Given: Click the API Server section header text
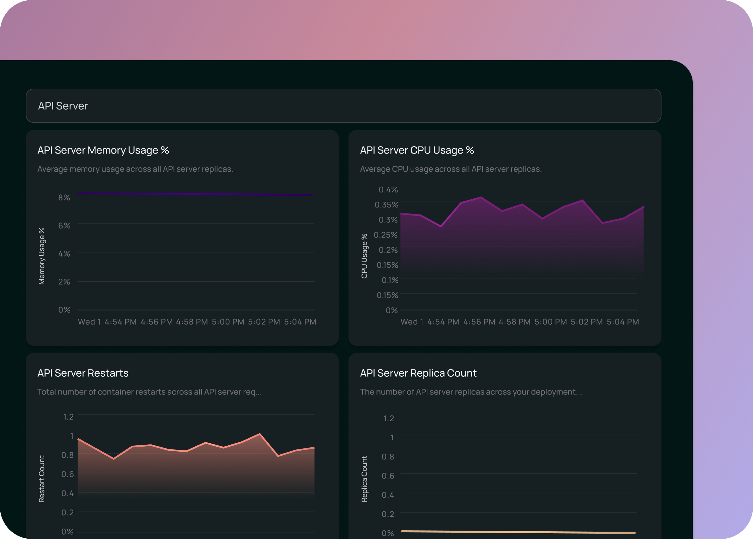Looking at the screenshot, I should pos(63,106).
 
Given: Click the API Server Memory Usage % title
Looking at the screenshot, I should pos(103,150).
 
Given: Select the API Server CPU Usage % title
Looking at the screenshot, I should pos(417,150).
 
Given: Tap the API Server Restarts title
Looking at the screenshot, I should pos(83,373).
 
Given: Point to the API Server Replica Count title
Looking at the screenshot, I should pos(418,373).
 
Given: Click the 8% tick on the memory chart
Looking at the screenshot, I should pos(64,197).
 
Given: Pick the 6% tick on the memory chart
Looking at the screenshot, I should pos(64,226).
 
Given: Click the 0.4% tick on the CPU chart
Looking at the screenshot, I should pos(388,189).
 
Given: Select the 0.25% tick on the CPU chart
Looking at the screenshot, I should pos(386,235).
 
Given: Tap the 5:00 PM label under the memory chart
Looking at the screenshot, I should pos(228,322).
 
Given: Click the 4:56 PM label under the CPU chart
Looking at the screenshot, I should pos(479,322).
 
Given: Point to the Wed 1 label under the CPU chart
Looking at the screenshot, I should pos(412,322).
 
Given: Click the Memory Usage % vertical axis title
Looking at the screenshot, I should pos(41,256).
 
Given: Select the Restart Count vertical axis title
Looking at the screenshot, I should pos(41,479).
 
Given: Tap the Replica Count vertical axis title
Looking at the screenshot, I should pos(364,479).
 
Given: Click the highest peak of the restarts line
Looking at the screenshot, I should pos(260,434).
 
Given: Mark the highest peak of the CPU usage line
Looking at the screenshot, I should pos(481,197).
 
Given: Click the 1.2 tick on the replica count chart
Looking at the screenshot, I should pos(389,418).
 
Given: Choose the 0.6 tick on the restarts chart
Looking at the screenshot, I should pos(68,474).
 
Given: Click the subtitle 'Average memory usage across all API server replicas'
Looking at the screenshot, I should pos(135,169).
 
